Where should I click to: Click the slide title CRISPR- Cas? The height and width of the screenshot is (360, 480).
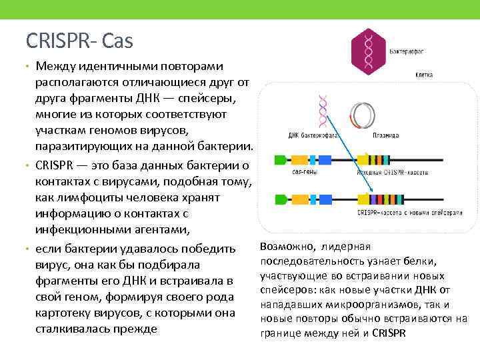click(x=79, y=41)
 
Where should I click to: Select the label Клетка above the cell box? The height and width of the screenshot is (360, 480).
click(x=424, y=75)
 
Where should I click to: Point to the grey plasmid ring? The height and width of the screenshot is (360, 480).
click(x=363, y=114)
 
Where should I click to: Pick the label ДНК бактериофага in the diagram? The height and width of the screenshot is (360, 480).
click(x=313, y=135)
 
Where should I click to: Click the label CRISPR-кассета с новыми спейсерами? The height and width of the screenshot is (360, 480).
click(x=409, y=213)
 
